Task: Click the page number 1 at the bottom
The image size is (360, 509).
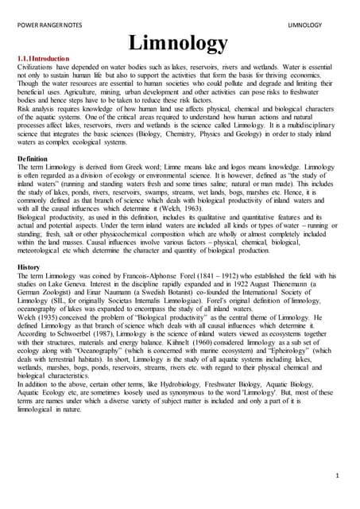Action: (x=336, y=475)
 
